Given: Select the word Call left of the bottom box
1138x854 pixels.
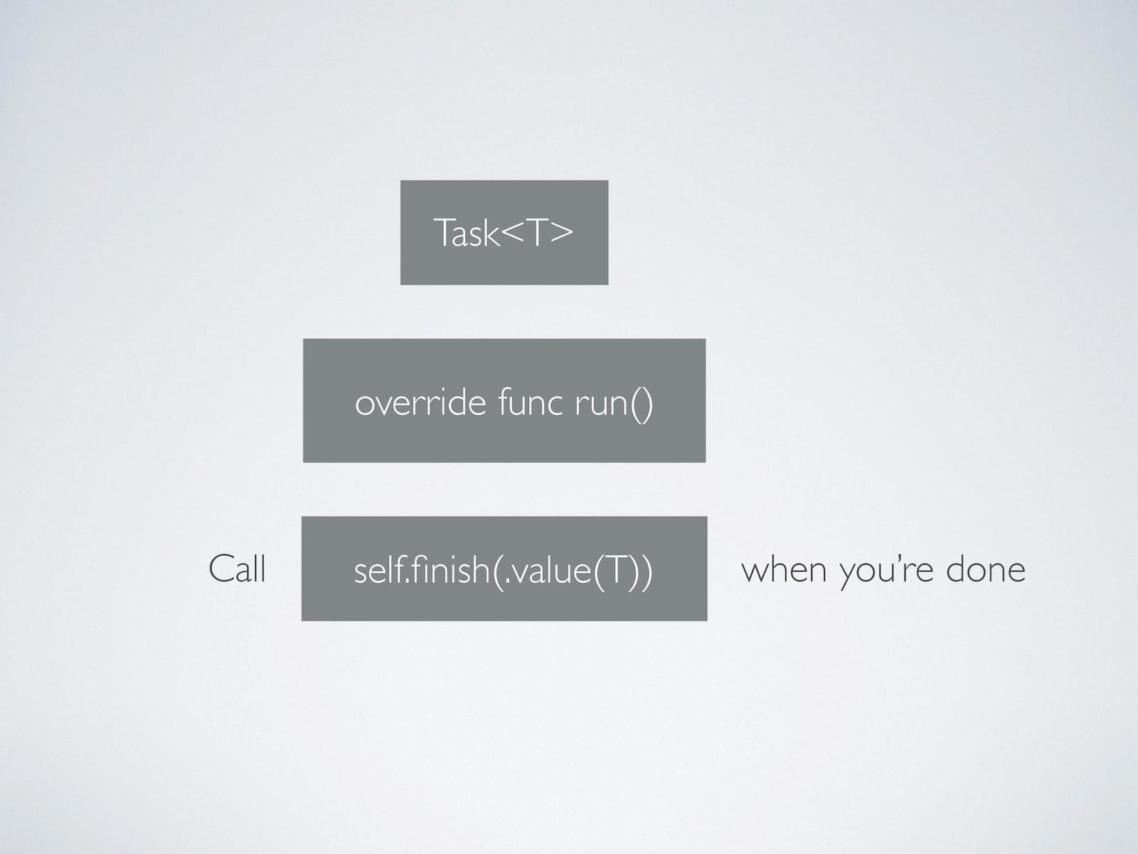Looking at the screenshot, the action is click(238, 569).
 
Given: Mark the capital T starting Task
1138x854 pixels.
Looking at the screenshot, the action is click(442, 233).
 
